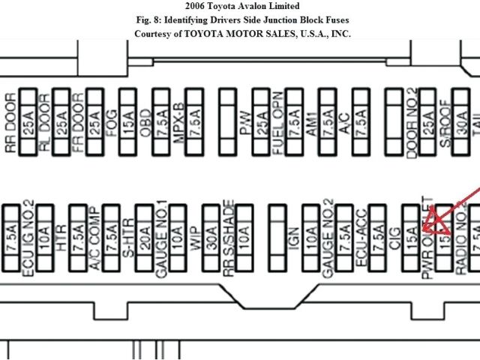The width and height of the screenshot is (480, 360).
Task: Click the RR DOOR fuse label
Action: click(10, 122)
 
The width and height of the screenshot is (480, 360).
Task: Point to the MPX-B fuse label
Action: click(178, 122)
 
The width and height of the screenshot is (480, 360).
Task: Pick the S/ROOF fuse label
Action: click(443, 122)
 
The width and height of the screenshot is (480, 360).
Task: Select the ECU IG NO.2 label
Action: click(28, 237)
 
